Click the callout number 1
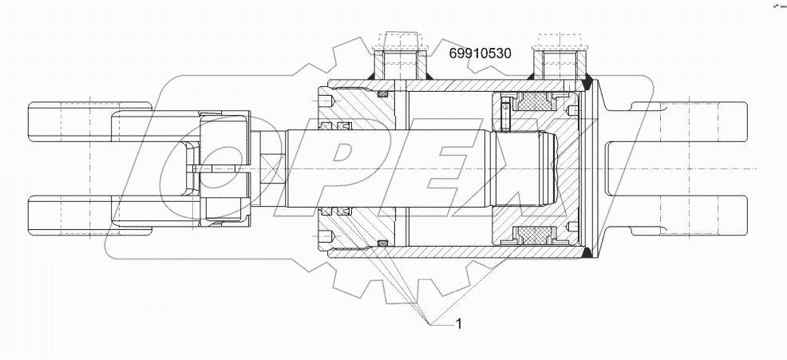458,323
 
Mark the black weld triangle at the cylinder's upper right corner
588,79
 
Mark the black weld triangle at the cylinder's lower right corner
588,255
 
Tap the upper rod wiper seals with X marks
334,127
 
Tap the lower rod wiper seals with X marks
334,212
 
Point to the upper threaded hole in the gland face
327,101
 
